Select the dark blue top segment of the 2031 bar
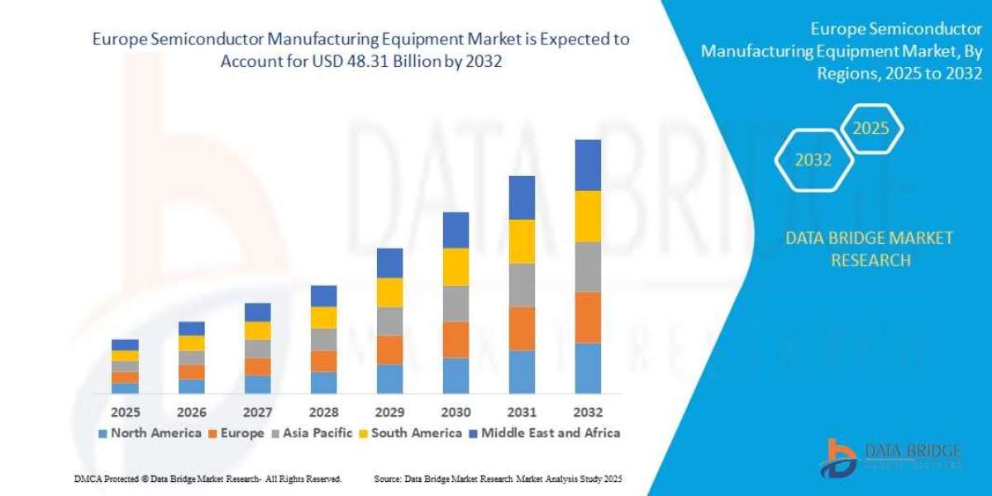tap(533, 198)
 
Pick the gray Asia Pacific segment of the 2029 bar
tap(389, 321)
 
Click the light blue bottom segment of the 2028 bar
tap(323, 382)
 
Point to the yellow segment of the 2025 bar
tap(125, 355)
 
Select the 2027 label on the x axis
tap(257, 412)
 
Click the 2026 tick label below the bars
tap(191, 412)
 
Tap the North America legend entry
tap(150, 432)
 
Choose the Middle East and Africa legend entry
tap(545, 432)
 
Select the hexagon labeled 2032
tap(813, 160)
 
